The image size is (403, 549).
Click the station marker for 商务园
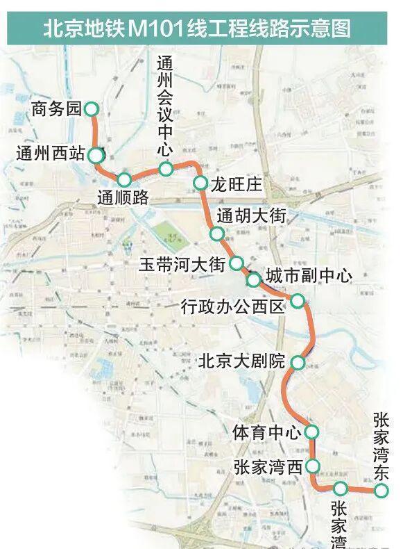[92, 109]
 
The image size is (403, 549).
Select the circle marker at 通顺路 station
[124, 179]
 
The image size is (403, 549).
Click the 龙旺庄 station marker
[200, 183]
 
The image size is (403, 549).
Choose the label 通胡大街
[251, 215]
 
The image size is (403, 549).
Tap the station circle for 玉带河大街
[237, 263]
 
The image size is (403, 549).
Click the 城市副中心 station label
[309, 276]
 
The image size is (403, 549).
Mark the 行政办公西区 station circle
[297, 301]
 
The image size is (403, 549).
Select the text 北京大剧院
[242, 362]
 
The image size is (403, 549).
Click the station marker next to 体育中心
[311, 432]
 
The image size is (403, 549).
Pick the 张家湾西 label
[268, 466]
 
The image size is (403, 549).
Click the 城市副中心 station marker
[254, 280]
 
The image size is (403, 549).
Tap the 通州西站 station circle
[96, 155]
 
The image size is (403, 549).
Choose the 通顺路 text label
[123, 197]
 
